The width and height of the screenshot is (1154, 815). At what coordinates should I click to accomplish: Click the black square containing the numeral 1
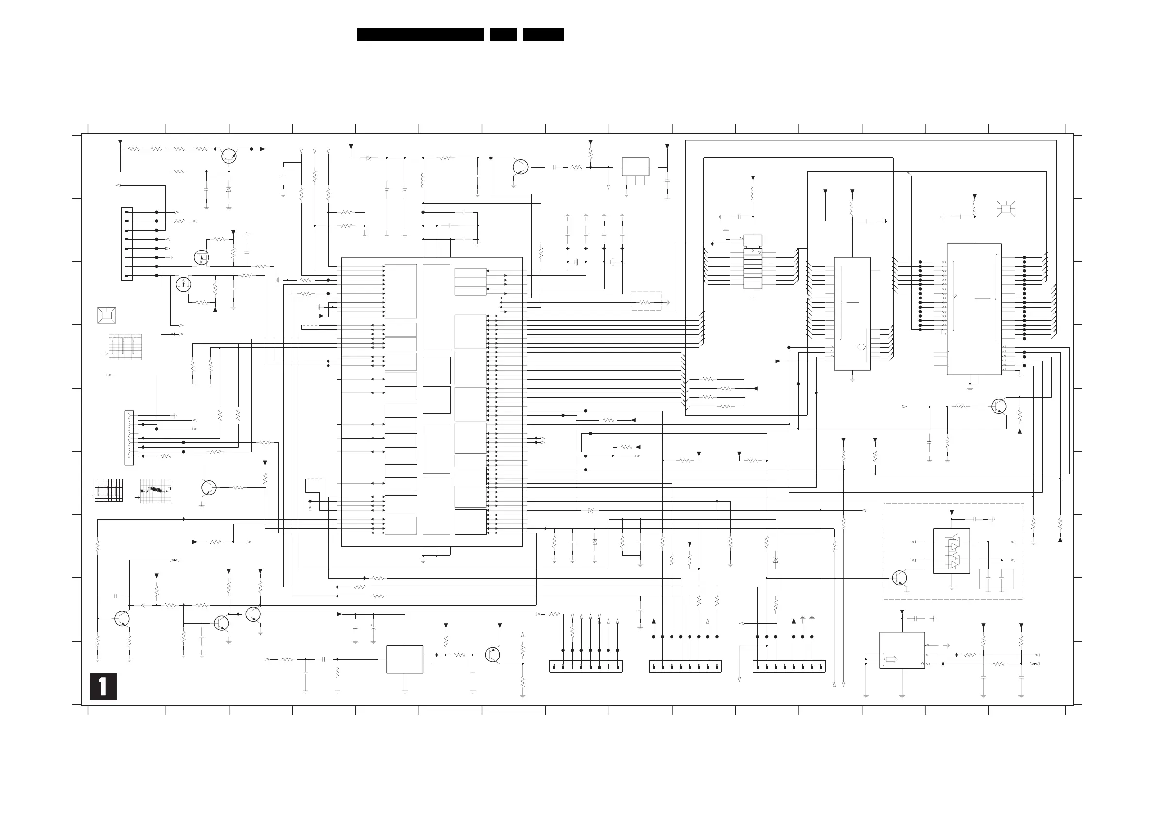(x=103, y=686)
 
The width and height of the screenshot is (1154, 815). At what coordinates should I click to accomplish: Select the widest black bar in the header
(x=420, y=34)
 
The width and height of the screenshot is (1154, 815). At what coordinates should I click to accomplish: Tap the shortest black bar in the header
(x=503, y=34)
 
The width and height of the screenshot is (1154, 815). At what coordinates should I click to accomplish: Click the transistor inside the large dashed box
(x=899, y=578)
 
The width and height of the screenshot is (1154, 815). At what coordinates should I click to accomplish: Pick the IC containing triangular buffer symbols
(x=951, y=551)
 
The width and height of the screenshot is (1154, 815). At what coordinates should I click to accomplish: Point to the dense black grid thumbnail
(x=109, y=490)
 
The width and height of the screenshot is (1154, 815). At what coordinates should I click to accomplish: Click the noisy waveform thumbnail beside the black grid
(x=155, y=491)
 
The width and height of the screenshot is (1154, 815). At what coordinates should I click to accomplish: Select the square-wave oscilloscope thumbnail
(x=125, y=347)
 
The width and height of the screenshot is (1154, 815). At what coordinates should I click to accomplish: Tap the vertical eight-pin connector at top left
(x=127, y=244)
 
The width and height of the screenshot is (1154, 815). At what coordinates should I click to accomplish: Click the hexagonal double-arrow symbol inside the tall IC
(x=861, y=346)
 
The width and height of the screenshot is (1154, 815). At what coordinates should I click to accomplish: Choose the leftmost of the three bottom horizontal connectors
(x=586, y=666)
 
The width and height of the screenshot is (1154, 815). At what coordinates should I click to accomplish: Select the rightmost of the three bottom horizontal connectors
(x=789, y=666)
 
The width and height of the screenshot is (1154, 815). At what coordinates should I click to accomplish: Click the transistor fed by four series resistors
(x=229, y=156)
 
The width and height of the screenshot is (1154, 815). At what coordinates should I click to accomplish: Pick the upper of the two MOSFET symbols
(x=202, y=258)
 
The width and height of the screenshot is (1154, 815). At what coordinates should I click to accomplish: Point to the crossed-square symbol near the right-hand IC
(x=1006, y=208)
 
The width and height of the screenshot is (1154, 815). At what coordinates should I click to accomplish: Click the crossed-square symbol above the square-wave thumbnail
(x=107, y=315)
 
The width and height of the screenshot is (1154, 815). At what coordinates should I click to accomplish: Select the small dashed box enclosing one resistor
(x=646, y=301)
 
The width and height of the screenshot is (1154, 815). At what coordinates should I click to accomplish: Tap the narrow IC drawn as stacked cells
(x=753, y=262)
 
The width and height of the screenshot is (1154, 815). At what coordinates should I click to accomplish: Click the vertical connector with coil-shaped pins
(x=129, y=438)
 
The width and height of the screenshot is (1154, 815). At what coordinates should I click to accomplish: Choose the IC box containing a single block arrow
(x=902, y=650)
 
